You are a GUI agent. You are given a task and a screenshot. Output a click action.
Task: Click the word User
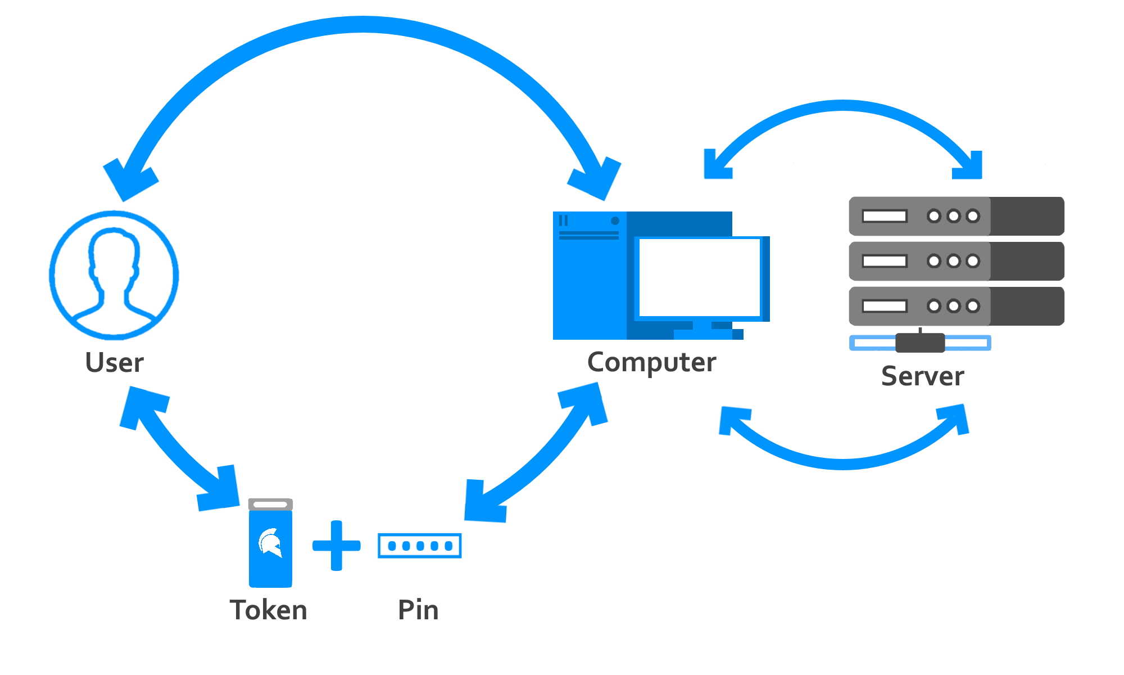114,363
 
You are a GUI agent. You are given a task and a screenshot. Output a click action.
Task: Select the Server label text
922,376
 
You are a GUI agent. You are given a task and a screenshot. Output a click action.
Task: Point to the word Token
269,610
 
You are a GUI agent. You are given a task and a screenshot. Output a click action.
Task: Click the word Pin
418,610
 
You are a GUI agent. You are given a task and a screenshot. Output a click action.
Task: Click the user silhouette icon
114,275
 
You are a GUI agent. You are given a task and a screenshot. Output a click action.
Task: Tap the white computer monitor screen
700,277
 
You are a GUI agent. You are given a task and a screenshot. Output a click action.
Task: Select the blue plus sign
336,546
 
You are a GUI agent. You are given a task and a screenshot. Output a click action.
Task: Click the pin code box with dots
420,546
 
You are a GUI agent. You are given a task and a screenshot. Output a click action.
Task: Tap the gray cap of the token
270,504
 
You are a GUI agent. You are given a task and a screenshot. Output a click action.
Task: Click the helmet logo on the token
270,542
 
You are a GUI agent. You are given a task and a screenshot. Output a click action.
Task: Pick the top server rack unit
956,216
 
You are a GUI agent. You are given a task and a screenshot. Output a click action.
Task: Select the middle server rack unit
956,261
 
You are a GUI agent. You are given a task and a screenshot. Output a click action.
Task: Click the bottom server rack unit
956,306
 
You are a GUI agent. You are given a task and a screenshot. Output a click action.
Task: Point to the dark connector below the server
920,343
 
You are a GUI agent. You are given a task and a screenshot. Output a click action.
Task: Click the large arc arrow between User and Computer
362,25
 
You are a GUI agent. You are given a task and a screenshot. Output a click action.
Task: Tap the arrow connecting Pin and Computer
540,456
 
